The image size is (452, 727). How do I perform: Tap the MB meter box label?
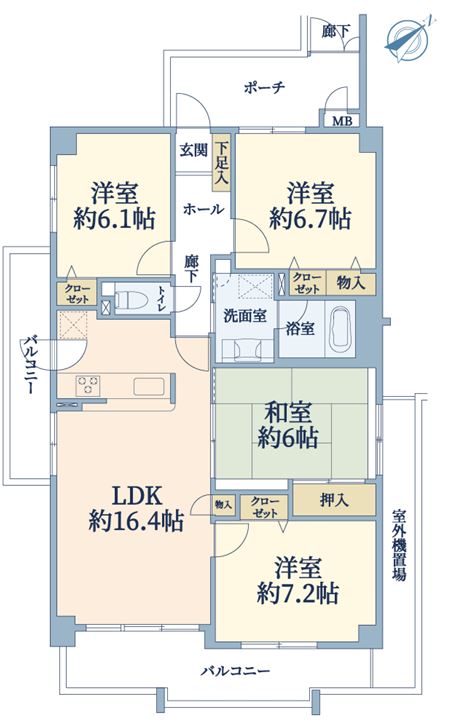[x=344, y=121]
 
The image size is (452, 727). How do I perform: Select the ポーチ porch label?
[x=264, y=88]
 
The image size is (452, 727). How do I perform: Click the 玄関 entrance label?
[x=193, y=150]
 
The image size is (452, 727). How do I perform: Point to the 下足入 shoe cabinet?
[x=221, y=162]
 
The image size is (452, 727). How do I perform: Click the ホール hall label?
[x=203, y=209]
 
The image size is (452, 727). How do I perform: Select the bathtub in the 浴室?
[x=340, y=329]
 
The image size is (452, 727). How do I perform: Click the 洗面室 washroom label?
[x=245, y=316]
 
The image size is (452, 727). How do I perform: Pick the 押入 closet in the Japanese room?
[x=334, y=500]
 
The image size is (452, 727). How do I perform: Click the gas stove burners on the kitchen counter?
[x=88, y=385]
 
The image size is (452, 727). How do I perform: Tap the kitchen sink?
[x=149, y=386]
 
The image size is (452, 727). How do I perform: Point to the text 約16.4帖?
[x=136, y=522]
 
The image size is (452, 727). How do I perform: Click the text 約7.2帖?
[x=297, y=593]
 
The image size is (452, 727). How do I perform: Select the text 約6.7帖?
[x=310, y=218]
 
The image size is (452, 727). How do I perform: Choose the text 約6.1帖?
[x=114, y=218]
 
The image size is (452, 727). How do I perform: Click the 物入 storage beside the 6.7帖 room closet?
[x=351, y=283]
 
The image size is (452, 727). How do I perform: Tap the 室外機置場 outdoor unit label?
[x=398, y=545]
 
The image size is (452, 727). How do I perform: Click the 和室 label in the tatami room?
[x=288, y=412]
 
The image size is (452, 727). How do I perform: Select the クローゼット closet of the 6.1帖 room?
[x=76, y=293]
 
